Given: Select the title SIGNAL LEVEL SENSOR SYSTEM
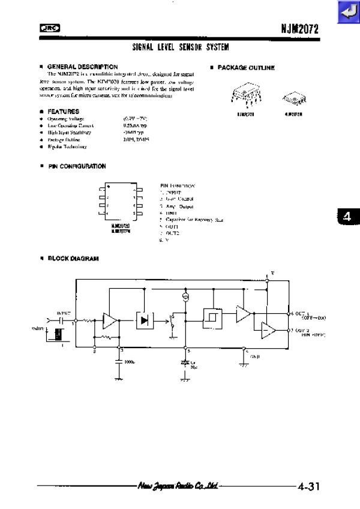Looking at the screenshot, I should pyautogui.click(x=180, y=46).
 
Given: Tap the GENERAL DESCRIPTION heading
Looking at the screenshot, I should pyautogui.click(x=82, y=66).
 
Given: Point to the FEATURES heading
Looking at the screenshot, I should pyautogui.click(x=63, y=111).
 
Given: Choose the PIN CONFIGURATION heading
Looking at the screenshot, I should pyautogui.click(x=76, y=166).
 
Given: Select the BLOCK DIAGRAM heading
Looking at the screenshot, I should pyautogui.click(x=73, y=258).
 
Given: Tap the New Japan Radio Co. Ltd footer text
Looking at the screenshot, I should pyautogui.click(x=177, y=486).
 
